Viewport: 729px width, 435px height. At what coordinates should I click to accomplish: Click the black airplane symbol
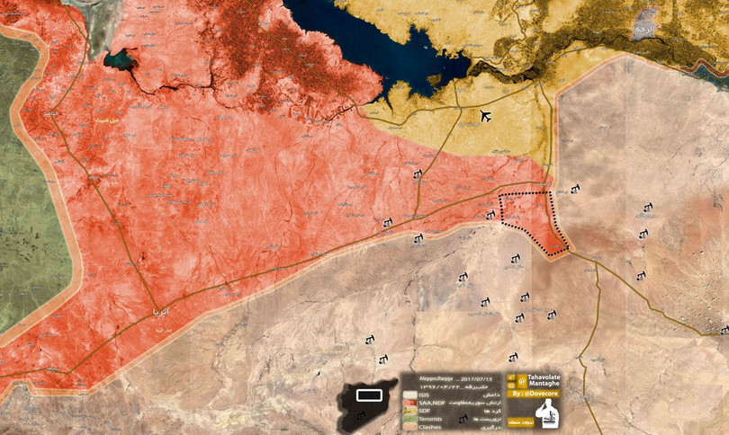click(x=486, y=116)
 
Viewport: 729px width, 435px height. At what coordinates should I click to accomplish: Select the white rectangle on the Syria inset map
click(x=369, y=395)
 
